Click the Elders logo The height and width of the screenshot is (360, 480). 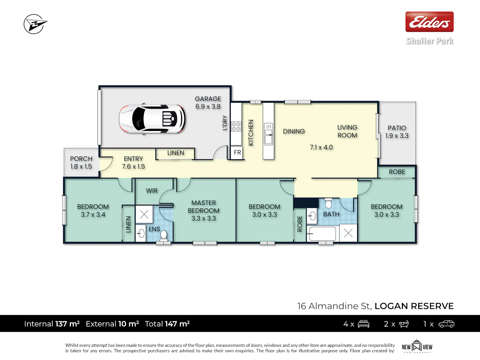click(x=429, y=22)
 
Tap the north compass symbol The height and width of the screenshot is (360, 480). click(x=35, y=24)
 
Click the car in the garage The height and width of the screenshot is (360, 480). click(x=152, y=119)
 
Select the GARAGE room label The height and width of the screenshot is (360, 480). click(x=208, y=99)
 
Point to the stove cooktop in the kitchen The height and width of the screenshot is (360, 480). click(x=236, y=126)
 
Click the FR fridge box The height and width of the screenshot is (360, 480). click(x=237, y=152)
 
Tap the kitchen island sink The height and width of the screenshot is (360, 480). click(x=268, y=134)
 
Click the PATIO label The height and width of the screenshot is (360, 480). click(x=397, y=128)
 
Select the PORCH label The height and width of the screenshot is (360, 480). click(x=81, y=159)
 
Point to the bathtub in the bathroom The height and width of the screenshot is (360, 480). click(x=322, y=234)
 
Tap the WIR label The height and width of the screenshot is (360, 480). click(x=152, y=191)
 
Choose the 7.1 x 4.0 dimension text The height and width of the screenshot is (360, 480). click(x=321, y=147)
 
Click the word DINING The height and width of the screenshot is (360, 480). click(x=294, y=131)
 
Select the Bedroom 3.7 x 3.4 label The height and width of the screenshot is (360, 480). click(x=93, y=211)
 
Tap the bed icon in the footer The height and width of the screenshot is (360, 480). click(x=364, y=324)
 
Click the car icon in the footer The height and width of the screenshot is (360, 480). click(x=446, y=324)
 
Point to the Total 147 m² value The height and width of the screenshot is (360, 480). click(x=167, y=324)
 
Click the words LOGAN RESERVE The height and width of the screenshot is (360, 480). click(x=414, y=306)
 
